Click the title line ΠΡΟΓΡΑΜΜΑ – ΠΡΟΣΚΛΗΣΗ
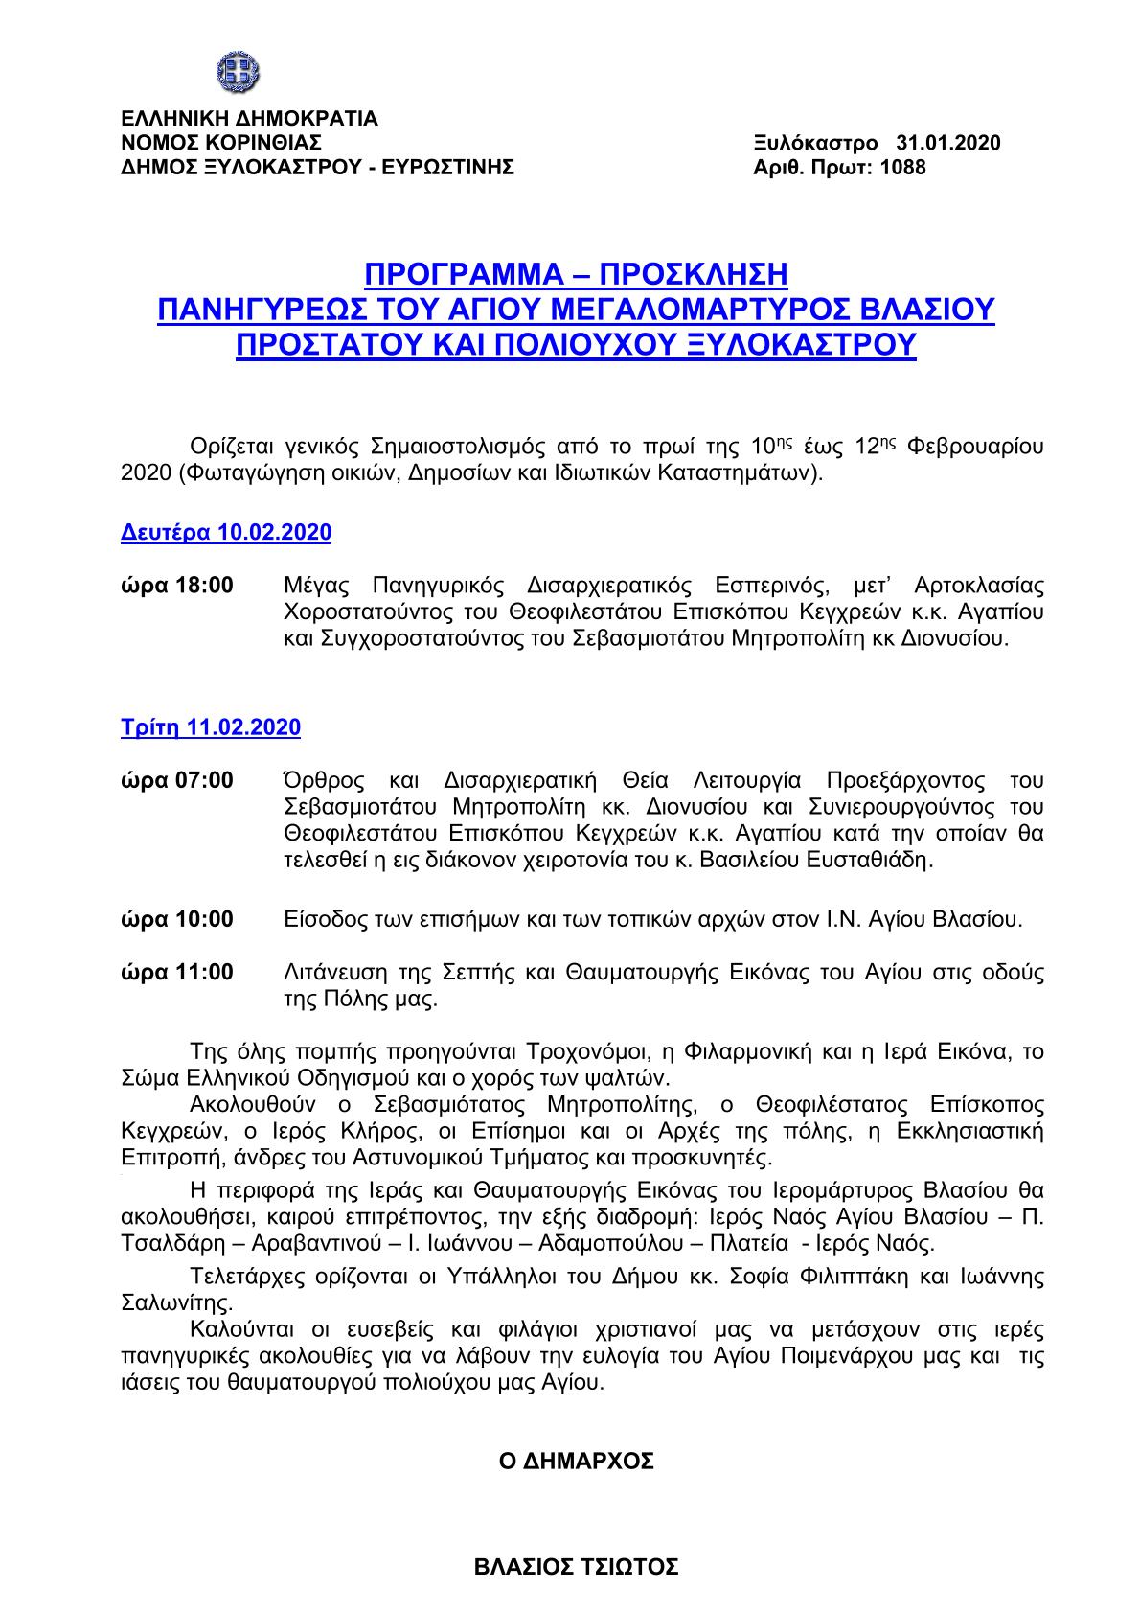(576, 275)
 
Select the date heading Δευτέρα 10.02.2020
(226, 533)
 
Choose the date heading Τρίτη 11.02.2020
(211, 727)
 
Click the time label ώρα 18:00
(176, 585)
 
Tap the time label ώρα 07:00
(176, 780)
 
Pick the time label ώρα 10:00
(176, 920)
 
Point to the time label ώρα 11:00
(176, 973)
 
